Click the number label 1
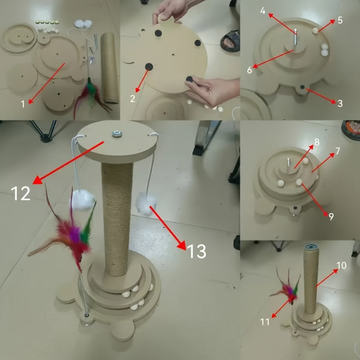pos(23,104)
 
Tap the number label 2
pos(133,99)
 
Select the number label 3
pos(340,103)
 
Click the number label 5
pos(340,20)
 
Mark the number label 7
pos(337,151)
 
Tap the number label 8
pos(317,142)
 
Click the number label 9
pos(331,216)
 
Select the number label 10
pos(341,265)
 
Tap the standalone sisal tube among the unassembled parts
pos(108,67)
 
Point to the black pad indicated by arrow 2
pos(148,67)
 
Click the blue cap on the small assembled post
pos(310,247)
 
